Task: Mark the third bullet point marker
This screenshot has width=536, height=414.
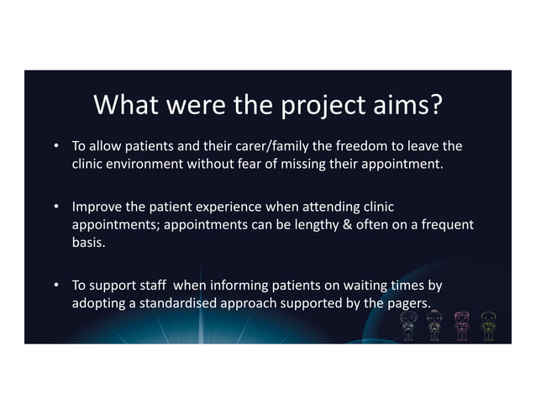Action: tap(57, 286)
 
